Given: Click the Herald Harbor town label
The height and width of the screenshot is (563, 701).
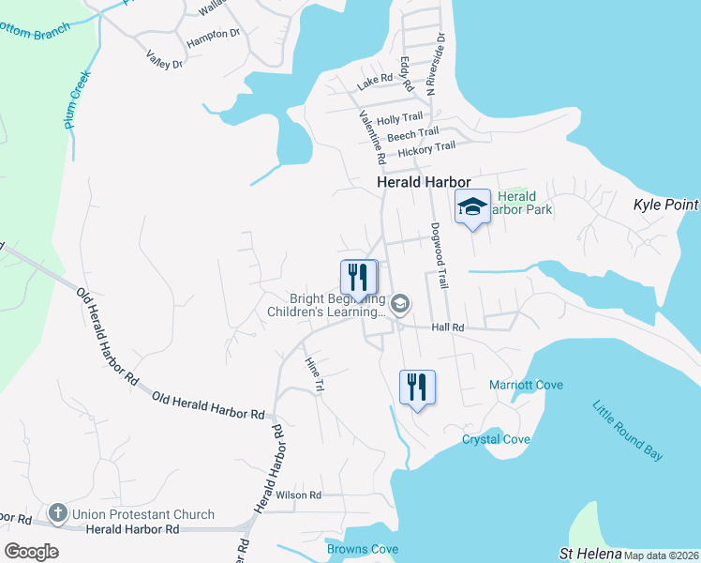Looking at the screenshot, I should (x=423, y=184).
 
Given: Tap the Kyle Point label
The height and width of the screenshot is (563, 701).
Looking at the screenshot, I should (x=666, y=205).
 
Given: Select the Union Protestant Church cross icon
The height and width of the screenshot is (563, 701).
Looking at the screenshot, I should (x=58, y=513).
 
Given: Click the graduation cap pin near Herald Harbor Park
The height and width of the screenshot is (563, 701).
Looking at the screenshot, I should (x=472, y=207).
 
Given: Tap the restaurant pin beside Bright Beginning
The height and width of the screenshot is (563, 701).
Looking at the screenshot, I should (x=358, y=277).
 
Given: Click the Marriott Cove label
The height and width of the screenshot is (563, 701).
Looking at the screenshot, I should (x=526, y=385).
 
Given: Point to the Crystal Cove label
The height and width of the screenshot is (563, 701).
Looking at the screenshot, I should (x=496, y=439).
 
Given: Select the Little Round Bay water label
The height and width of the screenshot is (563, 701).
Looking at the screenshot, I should (x=627, y=430).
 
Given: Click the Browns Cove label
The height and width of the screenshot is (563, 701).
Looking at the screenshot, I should (x=362, y=549).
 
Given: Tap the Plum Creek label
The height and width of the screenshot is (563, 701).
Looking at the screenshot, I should (x=78, y=101).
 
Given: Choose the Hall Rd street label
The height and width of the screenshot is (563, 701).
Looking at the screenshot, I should (x=448, y=327).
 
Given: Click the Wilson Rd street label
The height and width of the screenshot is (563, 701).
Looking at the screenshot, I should (x=298, y=495).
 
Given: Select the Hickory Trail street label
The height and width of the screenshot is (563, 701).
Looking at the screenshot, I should (x=426, y=148).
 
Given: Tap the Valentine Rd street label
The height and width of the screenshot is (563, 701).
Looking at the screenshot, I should (x=373, y=133).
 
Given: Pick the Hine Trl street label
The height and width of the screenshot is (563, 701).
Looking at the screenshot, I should (x=314, y=373).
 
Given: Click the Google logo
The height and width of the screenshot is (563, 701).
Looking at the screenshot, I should (x=31, y=551).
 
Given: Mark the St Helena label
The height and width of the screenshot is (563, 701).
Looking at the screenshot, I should (x=590, y=554).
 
